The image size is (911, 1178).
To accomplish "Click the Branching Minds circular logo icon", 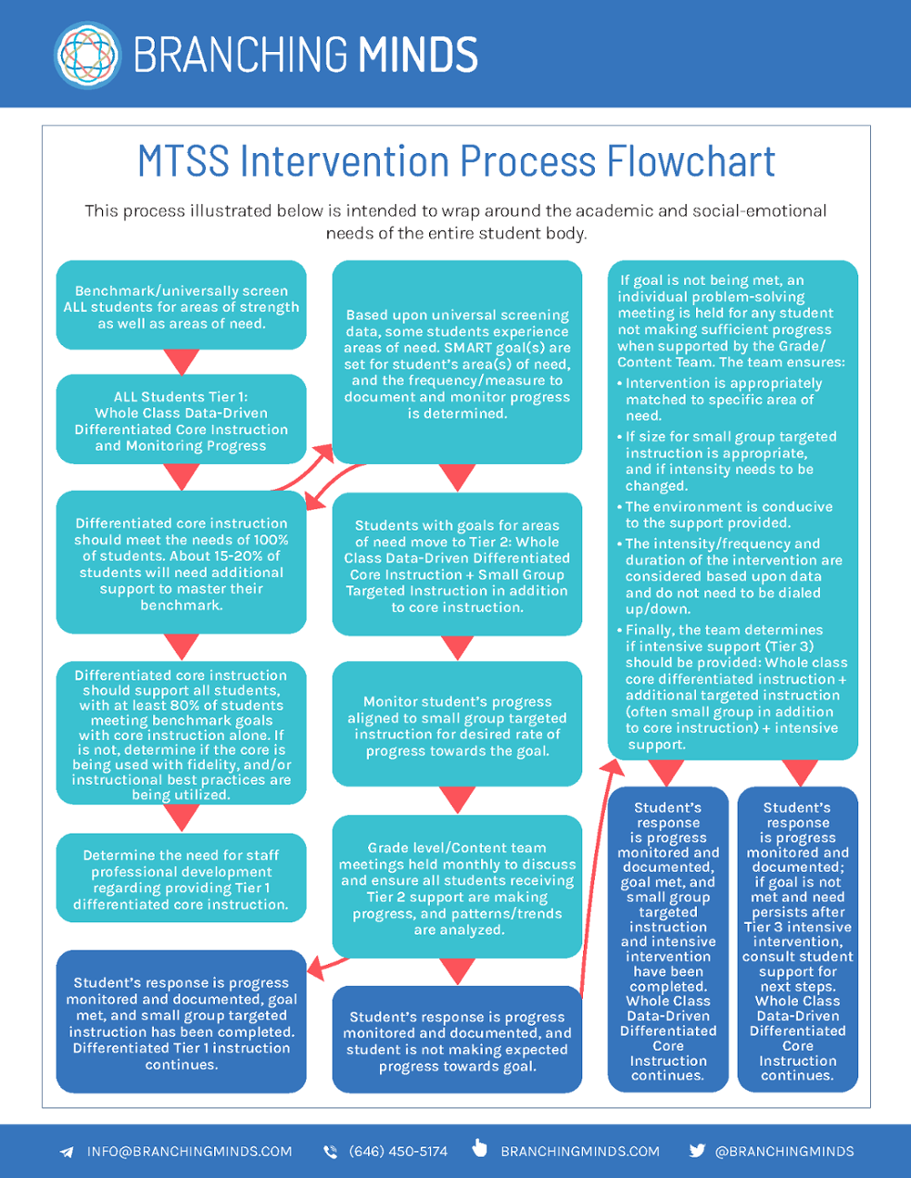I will click(x=87, y=55).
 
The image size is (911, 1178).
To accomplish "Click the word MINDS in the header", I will click(x=418, y=56).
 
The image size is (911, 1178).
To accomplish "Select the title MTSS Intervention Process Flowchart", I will click(x=455, y=161).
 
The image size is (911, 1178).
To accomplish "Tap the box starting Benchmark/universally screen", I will click(x=181, y=307).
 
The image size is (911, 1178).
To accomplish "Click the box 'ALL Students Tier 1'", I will click(x=181, y=421).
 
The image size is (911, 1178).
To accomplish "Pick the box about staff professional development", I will click(x=181, y=879).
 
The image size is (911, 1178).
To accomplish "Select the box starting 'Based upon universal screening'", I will click(x=456, y=363).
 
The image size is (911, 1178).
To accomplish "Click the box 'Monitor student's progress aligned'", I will click(x=456, y=726).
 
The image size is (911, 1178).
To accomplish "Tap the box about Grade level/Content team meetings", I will click(x=456, y=888).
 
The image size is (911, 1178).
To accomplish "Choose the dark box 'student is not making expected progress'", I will click(x=456, y=1041).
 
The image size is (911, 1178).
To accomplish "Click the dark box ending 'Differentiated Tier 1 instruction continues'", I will click(x=181, y=1022).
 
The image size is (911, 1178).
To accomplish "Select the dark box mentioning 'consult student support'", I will click(x=797, y=940).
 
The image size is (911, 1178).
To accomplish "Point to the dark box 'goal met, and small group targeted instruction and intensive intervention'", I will click(x=668, y=940).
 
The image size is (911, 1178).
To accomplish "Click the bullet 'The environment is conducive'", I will click(x=728, y=514).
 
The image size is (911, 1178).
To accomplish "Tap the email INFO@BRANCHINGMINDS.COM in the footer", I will click(x=189, y=1152).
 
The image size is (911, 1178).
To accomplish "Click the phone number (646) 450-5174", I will click(x=398, y=1152).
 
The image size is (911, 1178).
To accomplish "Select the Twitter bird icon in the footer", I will click(x=697, y=1151).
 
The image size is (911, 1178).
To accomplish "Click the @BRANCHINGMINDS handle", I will click(x=784, y=1152).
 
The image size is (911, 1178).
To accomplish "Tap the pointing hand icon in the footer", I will click(x=480, y=1149).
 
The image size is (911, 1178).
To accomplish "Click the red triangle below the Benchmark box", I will click(x=181, y=361).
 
